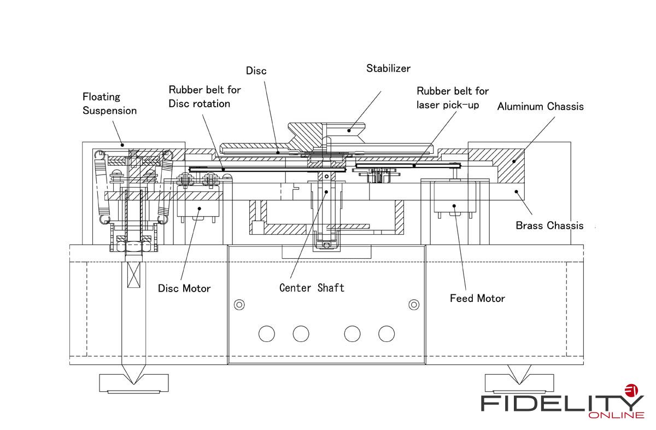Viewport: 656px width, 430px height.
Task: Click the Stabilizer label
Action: (x=388, y=68)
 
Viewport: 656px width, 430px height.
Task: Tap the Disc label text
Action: (x=256, y=71)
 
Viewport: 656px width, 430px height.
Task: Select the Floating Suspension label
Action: (x=109, y=103)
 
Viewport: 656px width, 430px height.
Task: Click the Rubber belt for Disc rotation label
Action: (x=204, y=96)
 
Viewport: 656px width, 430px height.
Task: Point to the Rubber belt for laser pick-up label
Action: (x=452, y=97)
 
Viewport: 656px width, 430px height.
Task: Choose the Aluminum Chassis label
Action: (x=540, y=106)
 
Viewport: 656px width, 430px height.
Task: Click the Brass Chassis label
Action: (x=549, y=225)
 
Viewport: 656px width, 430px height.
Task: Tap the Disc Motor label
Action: (x=184, y=288)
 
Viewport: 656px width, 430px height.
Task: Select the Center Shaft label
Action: (x=312, y=288)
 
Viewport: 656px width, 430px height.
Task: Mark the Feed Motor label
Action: (x=477, y=298)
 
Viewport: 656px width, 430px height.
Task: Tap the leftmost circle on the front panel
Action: (x=267, y=333)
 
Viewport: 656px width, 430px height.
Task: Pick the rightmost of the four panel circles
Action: (x=386, y=333)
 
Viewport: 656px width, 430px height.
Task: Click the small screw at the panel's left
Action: (x=239, y=304)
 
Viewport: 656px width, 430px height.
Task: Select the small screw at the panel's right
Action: (x=414, y=304)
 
